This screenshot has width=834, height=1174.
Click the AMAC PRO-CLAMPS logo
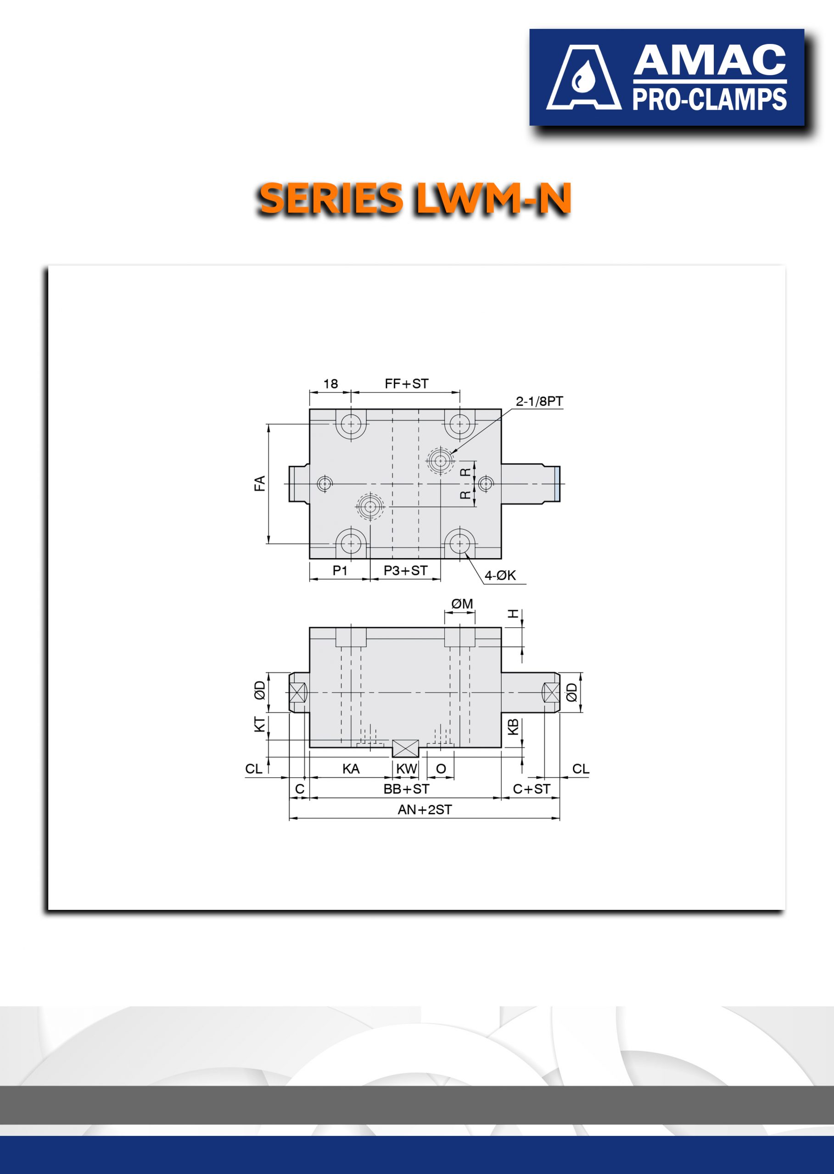click(666, 77)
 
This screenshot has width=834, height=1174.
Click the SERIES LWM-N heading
click(415, 199)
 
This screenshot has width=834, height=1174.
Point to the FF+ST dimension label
click(406, 384)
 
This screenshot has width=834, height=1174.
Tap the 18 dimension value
click(330, 384)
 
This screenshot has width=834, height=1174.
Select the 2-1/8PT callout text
click(539, 401)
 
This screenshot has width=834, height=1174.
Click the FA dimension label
click(260, 483)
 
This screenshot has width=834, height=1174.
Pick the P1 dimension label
click(340, 570)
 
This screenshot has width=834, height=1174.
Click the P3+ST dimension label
click(405, 570)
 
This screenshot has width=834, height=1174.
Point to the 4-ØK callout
click(500, 576)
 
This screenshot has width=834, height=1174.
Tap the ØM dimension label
click(462, 604)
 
